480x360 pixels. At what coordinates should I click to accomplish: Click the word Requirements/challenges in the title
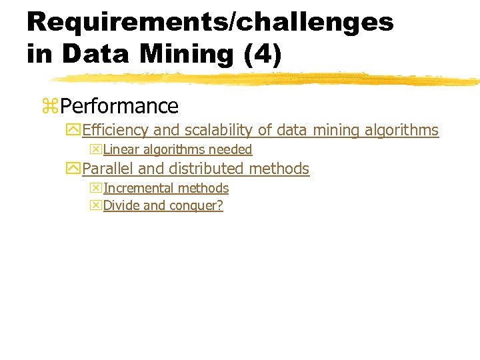(210, 22)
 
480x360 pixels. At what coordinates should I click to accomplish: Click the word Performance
(119, 106)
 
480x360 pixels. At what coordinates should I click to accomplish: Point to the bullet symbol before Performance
(50, 106)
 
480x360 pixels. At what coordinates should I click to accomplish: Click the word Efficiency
(116, 130)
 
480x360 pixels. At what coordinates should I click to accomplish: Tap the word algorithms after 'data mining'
(401, 130)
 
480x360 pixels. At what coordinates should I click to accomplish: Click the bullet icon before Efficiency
(73, 130)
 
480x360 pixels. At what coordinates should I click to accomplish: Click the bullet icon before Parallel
(73, 169)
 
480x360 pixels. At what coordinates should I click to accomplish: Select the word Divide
(121, 205)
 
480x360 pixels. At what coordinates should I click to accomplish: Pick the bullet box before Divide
(96, 205)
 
